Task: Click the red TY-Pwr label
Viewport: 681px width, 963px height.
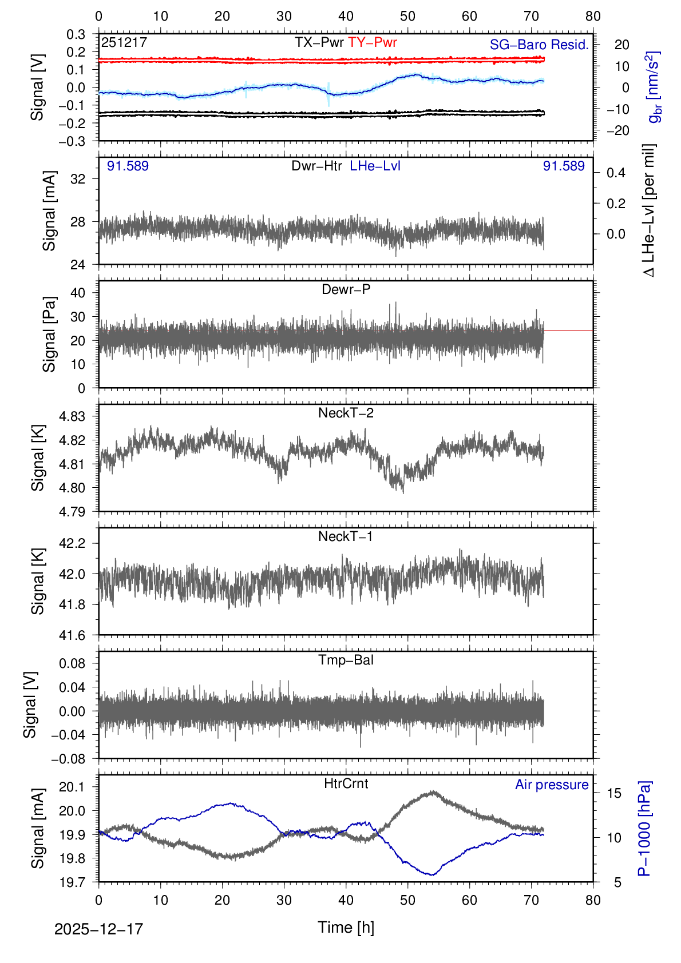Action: [373, 42]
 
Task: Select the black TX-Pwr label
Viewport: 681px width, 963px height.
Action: [319, 42]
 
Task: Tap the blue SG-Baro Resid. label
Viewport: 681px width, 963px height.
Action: [539, 45]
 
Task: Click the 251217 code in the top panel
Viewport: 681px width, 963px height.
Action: [124, 42]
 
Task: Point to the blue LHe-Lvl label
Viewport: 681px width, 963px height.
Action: [375, 166]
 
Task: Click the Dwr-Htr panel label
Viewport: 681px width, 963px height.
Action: [316, 166]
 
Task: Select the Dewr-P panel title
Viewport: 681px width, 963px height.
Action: [346, 289]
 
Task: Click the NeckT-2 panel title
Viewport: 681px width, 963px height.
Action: [346, 413]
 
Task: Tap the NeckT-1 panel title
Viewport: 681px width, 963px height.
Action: [346, 536]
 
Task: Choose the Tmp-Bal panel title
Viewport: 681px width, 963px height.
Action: [346, 660]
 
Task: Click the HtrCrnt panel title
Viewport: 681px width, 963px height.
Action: [346, 783]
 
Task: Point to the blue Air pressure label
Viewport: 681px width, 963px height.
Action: [552, 785]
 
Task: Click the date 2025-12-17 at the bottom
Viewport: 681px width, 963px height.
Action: [98, 929]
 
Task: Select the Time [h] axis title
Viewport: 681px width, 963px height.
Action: [346, 927]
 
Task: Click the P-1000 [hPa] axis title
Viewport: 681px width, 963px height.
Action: [644, 829]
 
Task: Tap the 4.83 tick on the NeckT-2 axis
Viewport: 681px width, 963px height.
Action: [72, 416]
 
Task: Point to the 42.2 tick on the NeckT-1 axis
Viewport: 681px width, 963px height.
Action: [72, 543]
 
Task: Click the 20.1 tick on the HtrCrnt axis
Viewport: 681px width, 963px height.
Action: [72, 787]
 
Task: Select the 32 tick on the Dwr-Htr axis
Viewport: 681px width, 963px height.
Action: [78, 179]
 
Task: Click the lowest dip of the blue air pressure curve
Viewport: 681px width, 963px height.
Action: [432, 874]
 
